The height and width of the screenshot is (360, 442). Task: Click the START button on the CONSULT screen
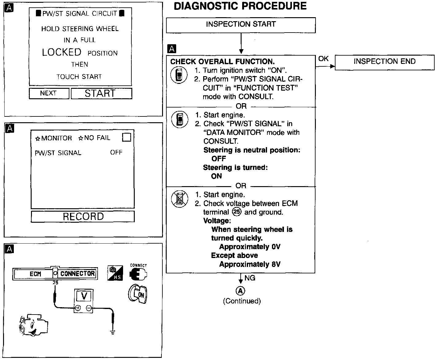pyautogui.click(x=101, y=93)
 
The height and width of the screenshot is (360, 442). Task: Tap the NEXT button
pyautogui.click(x=48, y=93)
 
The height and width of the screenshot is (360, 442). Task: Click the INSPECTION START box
pyautogui.click(x=241, y=25)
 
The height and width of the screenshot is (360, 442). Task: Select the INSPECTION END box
pyautogui.click(x=384, y=62)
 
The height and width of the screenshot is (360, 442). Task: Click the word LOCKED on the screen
pyautogui.click(x=62, y=53)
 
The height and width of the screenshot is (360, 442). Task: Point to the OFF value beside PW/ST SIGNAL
pyautogui.click(x=116, y=152)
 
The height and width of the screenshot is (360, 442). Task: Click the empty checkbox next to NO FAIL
pyautogui.click(x=126, y=137)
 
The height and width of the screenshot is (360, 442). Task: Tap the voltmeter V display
pyautogui.click(x=84, y=296)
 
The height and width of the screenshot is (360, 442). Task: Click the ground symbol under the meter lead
pyautogui.click(x=113, y=332)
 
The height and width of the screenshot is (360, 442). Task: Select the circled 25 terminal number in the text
pyautogui.click(x=237, y=212)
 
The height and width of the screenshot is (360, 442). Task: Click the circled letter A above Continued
pyautogui.click(x=240, y=291)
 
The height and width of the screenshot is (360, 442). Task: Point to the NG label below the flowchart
pyautogui.click(x=250, y=278)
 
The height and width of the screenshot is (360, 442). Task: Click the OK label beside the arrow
pyautogui.click(x=323, y=59)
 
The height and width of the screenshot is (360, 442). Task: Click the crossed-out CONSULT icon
pyautogui.click(x=180, y=198)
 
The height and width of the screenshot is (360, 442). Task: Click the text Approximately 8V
pyautogui.click(x=250, y=264)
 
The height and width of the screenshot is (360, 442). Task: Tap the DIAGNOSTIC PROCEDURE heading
pyautogui.click(x=240, y=6)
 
